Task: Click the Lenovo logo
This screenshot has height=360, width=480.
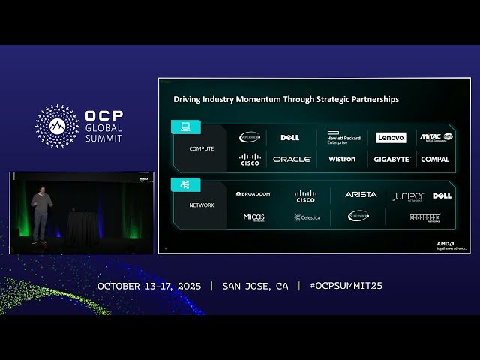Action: [391, 138]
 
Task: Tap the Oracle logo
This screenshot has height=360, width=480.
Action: [292, 159]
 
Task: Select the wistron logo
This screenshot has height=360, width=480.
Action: [342, 159]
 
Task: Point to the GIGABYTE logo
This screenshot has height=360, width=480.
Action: [392, 159]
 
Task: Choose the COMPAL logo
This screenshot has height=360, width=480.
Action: [435, 159]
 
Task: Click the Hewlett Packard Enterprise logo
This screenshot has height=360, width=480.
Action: [343, 138]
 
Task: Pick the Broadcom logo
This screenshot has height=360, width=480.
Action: [253, 194]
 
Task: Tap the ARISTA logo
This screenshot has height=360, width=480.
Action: [361, 195]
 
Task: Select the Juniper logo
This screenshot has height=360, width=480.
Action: [408, 196]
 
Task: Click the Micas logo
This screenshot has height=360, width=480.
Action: [254, 217]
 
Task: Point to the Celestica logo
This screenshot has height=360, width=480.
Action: [307, 217]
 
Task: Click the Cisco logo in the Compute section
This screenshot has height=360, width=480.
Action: [250, 159]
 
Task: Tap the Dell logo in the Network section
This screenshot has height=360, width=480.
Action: [442, 196]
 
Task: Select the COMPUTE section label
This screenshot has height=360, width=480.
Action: [201, 148]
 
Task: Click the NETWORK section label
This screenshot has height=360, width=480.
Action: [201, 205]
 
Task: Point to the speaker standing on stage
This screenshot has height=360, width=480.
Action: [41, 214]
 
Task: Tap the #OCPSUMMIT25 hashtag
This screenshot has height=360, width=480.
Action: [346, 286]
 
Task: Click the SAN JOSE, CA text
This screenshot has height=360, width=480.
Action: [255, 286]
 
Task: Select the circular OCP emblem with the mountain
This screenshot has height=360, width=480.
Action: [57, 126]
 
